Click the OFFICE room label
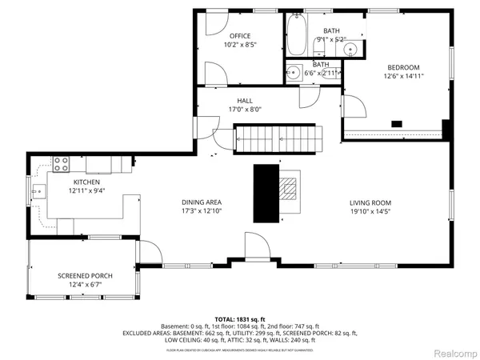(240, 36)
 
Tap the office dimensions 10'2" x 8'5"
(240, 46)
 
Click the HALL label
(244, 100)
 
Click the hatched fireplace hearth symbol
(289, 189)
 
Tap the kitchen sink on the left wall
(38, 190)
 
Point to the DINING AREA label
(201, 202)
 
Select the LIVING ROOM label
(370, 202)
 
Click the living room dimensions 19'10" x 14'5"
(370, 212)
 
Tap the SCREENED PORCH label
(85, 276)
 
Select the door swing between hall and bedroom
(353, 105)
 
